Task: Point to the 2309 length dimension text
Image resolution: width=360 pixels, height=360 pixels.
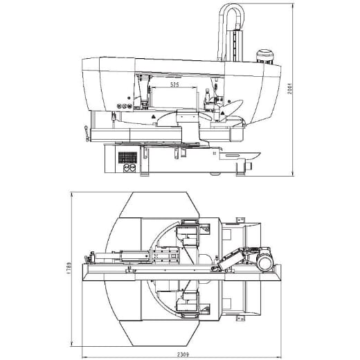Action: pos(182,354)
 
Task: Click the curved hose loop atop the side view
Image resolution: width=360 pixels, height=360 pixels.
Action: pos(231,15)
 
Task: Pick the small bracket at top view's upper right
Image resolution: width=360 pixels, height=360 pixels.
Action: pos(240,219)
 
